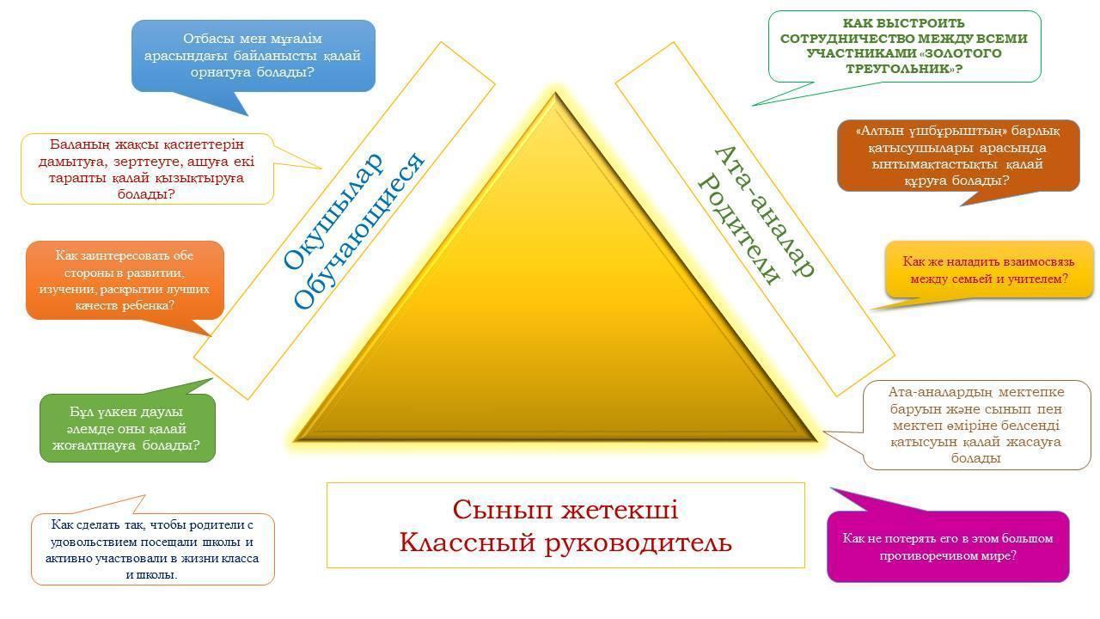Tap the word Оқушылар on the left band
point(333,211)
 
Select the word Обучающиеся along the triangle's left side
point(359,231)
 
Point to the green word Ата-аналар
point(766,211)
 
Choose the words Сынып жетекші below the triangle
point(565,510)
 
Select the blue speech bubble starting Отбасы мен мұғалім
point(254,56)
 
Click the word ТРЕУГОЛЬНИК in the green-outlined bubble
point(900,68)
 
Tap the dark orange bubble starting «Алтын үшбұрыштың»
point(958,156)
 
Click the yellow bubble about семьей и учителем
point(988,270)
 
